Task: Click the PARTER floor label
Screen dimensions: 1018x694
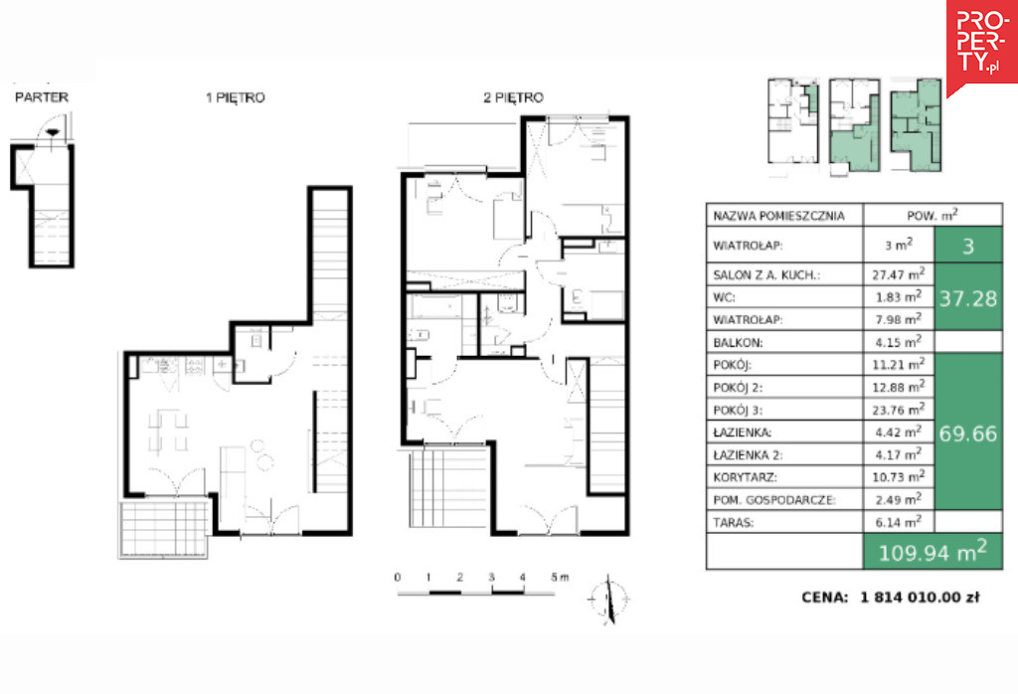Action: (42, 97)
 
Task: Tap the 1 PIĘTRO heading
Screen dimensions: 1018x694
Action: (235, 98)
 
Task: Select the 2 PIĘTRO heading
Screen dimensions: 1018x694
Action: (513, 98)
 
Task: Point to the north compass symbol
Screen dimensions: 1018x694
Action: (608, 599)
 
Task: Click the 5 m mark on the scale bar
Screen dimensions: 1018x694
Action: (559, 577)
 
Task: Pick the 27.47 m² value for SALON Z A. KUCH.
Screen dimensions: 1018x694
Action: (898, 274)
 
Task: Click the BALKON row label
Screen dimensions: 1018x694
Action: (738, 342)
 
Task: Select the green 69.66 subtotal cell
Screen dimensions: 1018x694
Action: (968, 433)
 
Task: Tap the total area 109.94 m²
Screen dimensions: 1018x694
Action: (933, 552)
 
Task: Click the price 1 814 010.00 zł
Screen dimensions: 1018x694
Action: (920, 598)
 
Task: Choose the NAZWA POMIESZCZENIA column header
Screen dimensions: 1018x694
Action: (778, 216)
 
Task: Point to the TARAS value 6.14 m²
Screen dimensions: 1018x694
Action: (897, 521)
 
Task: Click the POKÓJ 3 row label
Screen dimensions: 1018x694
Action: (738, 410)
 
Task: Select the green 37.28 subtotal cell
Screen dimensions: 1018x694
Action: (968, 297)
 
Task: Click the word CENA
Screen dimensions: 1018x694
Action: (824, 598)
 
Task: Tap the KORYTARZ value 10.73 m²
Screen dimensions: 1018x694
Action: (898, 476)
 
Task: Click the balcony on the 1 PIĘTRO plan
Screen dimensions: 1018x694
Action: (164, 529)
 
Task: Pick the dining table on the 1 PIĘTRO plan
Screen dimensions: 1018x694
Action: (168, 430)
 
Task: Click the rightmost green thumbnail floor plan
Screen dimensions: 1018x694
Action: (916, 125)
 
